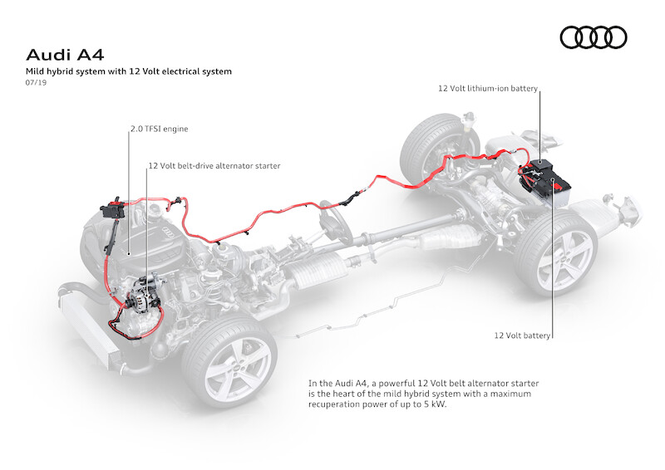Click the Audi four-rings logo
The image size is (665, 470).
point(594,37)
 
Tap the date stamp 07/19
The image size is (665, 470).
point(37,85)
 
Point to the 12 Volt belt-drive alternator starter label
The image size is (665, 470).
point(214,166)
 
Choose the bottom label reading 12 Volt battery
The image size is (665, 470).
point(522,335)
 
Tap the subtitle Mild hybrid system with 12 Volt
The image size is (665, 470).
point(128,72)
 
